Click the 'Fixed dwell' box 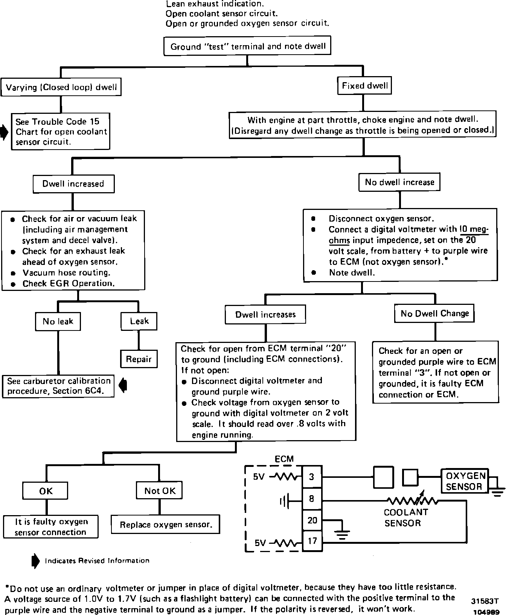364,86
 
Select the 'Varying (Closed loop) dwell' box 61,88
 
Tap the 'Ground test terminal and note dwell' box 248,47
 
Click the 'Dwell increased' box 73,184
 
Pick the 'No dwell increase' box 399,182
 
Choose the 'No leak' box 58,321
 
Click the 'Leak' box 139,321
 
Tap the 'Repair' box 139,359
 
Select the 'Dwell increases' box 265,315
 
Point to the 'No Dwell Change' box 434,314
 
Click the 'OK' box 46,491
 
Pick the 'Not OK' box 160,491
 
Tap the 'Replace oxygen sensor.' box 166,525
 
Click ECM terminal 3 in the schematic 311,477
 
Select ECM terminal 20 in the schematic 312,520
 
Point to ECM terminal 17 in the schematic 312,541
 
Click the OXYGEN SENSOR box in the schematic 464,481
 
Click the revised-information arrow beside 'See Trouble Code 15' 4,132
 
